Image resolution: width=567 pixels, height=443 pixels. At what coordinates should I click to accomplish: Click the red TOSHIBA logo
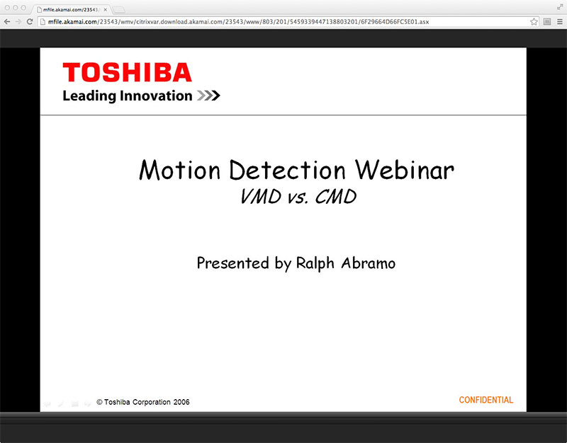(127, 73)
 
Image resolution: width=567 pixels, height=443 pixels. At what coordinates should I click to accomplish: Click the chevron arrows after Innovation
(208, 96)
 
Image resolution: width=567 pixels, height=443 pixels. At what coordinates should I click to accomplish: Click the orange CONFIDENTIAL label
(485, 401)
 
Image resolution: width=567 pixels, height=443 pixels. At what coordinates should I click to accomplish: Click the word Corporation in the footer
(149, 402)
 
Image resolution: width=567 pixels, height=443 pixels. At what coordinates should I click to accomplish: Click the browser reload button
(30, 22)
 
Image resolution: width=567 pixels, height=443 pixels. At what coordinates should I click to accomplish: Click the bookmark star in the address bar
(534, 22)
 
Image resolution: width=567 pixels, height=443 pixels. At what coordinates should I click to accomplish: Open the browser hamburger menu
(558, 22)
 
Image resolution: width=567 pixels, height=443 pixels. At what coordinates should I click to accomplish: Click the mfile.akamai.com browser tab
(67, 9)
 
